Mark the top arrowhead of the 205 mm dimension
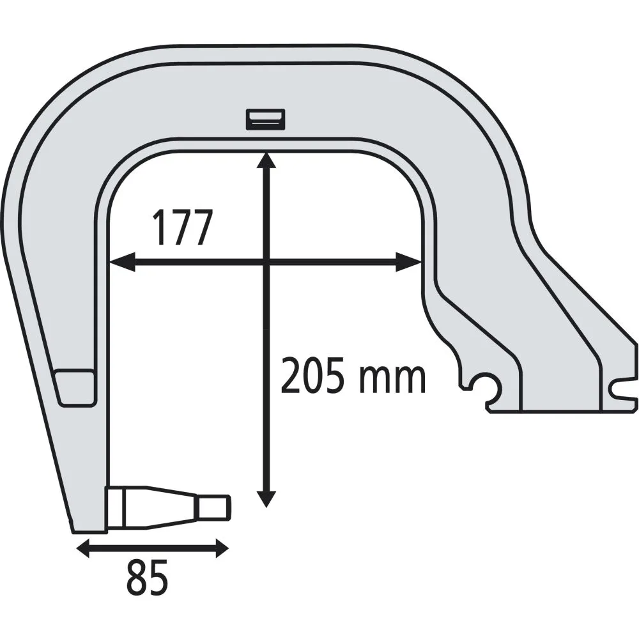[x=266, y=160]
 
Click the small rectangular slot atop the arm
[x=266, y=119]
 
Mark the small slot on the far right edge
[x=623, y=387]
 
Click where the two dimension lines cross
[x=266, y=261]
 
